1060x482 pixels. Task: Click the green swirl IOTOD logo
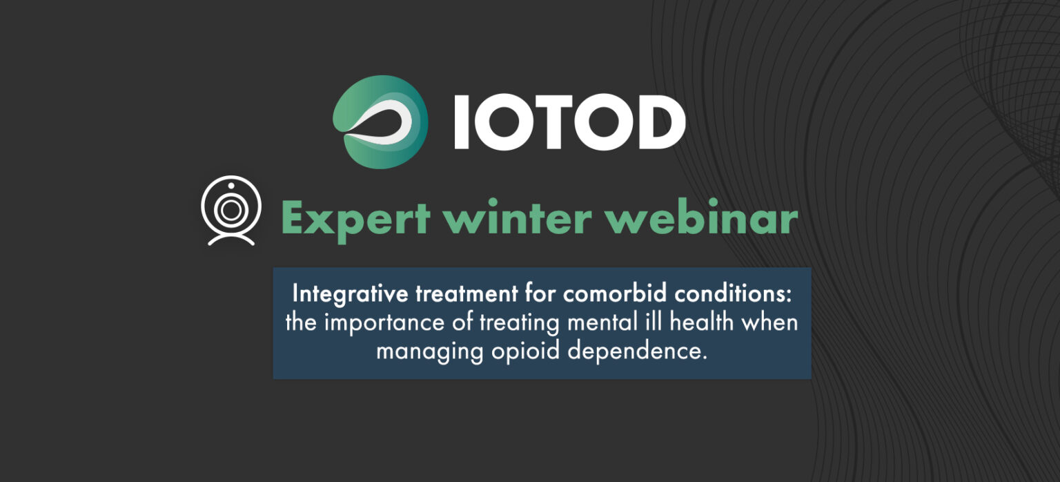pos(380,122)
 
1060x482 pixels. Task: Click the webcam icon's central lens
pos(231,208)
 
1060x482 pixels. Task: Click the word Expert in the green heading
pos(356,219)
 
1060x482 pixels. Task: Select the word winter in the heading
pos(521,219)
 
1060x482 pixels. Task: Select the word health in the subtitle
pos(707,322)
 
